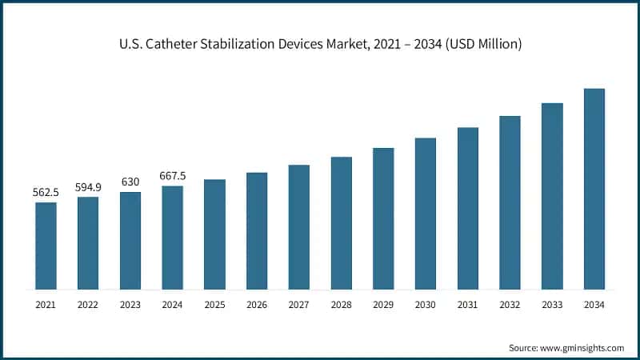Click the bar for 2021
[46, 246]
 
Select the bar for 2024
[173, 238]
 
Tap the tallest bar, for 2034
[594, 189]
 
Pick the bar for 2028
[342, 223]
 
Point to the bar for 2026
[257, 230]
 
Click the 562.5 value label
[46, 192]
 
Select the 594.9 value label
[88, 186]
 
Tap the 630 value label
[130, 182]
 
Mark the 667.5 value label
[173, 176]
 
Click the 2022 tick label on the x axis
[88, 305]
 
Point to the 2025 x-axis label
[214, 305]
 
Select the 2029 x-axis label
[383, 305]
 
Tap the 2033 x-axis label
[552, 305]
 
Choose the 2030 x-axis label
[426, 305]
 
